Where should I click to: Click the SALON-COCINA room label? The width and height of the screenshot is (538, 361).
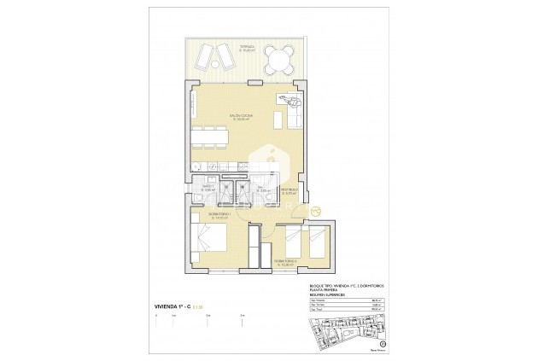click(239, 117)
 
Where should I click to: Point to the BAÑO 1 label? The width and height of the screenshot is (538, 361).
click(208, 188)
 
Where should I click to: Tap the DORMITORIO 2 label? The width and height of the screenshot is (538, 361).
click(284, 261)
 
